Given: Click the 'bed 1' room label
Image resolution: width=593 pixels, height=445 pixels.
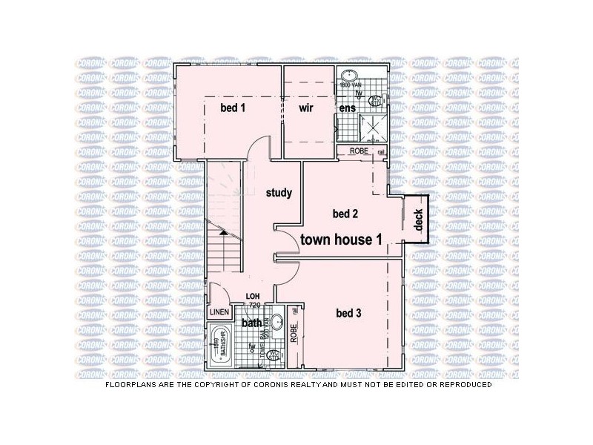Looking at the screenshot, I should click(233, 108).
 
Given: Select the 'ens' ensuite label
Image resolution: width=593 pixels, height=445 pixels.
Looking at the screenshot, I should click(347, 108).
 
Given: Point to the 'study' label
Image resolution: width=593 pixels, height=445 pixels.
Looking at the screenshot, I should click(279, 193).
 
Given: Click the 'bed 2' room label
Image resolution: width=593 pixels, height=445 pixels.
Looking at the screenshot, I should click(345, 214).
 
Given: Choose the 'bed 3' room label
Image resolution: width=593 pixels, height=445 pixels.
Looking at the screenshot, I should click(348, 313).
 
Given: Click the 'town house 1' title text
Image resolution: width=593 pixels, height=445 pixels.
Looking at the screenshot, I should click(341, 239).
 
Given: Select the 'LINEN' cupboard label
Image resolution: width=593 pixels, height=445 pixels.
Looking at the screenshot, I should click(220, 312).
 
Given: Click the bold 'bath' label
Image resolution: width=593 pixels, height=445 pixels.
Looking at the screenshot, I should click(252, 323).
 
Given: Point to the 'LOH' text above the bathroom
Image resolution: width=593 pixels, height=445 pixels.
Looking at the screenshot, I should click(254, 297).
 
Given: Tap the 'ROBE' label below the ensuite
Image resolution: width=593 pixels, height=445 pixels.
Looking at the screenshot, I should click(360, 151).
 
